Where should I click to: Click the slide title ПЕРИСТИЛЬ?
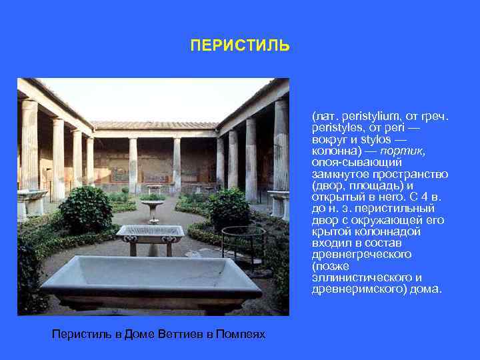click(240, 46)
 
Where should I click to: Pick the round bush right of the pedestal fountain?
click(229, 207)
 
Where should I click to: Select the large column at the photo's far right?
click(281, 143)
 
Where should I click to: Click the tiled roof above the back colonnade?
click(155, 125)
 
